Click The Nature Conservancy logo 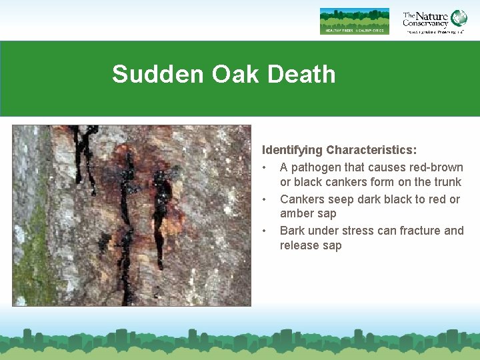[x=434, y=21]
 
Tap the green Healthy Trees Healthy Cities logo [x=354, y=21]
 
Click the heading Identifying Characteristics [x=339, y=151]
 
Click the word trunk [x=447, y=182]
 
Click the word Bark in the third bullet [x=293, y=231]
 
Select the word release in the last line [x=299, y=245]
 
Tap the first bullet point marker [x=265, y=167]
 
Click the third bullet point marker [x=265, y=231]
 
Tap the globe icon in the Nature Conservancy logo [x=459, y=17]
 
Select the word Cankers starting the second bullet [x=302, y=199]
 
